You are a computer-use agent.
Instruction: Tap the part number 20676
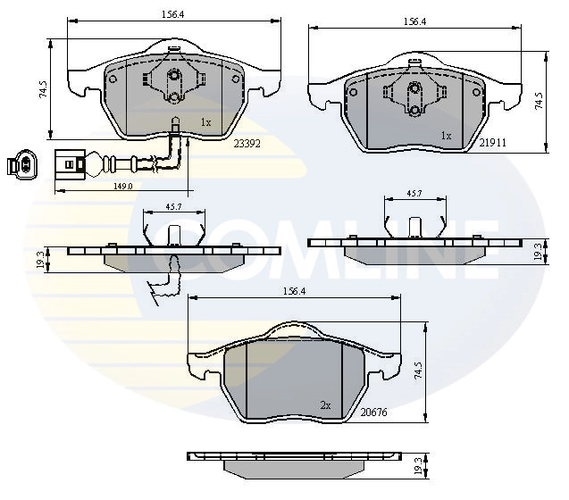[x=372, y=412]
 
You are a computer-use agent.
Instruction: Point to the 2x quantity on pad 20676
[x=325, y=405]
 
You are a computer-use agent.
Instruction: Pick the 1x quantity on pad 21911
[x=446, y=137]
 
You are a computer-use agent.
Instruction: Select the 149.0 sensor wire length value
[x=121, y=186]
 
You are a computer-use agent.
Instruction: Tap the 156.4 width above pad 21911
[x=413, y=21]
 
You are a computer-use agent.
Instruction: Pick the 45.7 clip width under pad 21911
[x=414, y=192]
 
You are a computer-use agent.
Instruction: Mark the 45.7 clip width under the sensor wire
[x=174, y=207]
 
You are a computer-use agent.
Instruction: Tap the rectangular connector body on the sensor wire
[x=68, y=165]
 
